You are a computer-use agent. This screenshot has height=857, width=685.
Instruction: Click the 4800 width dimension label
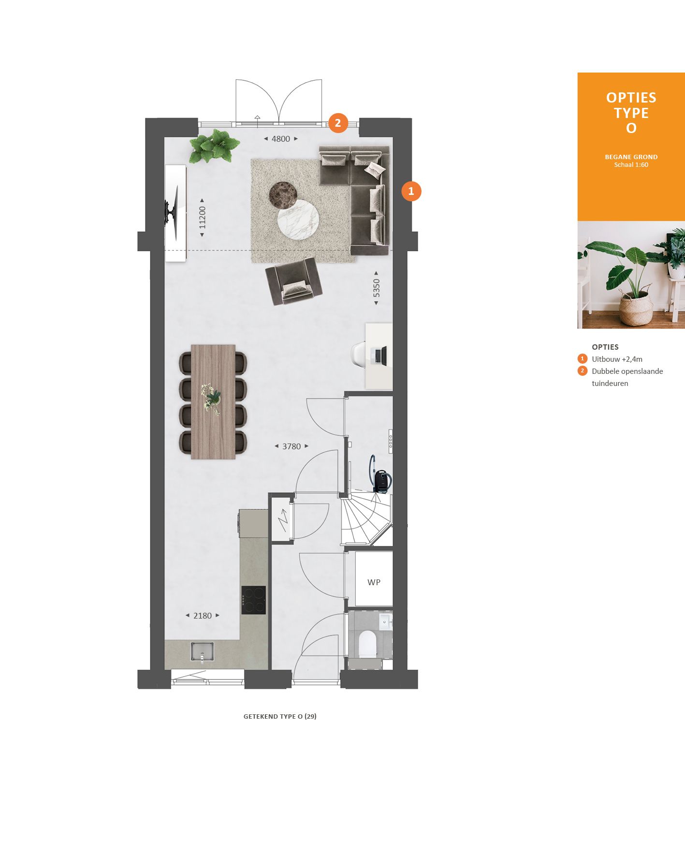click(x=280, y=139)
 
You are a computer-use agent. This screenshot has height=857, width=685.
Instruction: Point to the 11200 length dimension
click(x=202, y=218)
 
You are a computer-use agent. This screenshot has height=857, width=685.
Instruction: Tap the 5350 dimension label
click(x=376, y=288)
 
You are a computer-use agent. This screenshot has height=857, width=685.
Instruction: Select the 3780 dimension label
click(x=291, y=446)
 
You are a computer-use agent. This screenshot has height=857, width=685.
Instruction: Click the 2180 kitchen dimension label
click(x=203, y=616)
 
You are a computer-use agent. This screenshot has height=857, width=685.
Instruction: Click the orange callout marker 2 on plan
click(x=338, y=123)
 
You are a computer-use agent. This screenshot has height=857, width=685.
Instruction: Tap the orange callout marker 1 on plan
click(x=411, y=191)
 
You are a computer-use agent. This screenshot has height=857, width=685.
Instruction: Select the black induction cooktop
click(x=254, y=600)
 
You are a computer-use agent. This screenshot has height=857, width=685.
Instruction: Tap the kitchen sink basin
click(x=202, y=651)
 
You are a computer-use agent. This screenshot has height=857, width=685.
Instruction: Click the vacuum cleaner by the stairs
click(x=380, y=476)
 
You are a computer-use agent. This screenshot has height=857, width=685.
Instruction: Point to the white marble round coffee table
click(x=298, y=219)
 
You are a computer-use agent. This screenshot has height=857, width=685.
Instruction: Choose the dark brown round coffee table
click(x=283, y=194)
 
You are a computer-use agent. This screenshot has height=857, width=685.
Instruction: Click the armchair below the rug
click(x=293, y=281)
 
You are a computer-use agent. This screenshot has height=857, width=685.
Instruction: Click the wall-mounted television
click(x=172, y=212)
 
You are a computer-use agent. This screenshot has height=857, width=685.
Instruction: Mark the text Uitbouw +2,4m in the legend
click(x=617, y=359)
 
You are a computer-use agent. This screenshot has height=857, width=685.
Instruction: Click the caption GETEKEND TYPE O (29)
click(x=280, y=716)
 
